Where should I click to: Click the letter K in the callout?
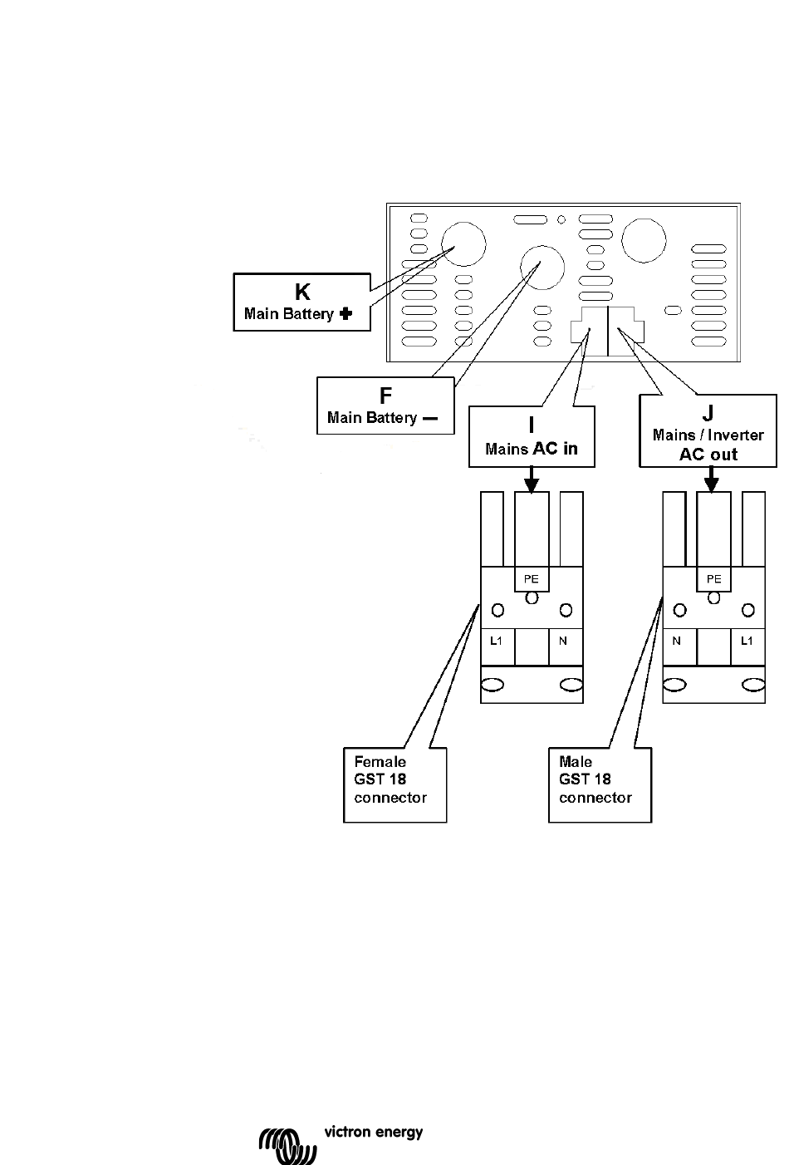302,292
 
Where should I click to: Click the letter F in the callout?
386,396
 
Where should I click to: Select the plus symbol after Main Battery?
346,314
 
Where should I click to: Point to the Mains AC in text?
532,450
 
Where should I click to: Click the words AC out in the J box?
708,455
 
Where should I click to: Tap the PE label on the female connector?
532,579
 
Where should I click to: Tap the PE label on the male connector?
713,579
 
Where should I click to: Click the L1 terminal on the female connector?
496,641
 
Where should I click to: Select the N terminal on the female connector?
563,641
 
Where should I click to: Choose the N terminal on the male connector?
677,641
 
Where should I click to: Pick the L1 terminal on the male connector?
747,641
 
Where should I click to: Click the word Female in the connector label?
380,761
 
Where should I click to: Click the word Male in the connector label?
576,761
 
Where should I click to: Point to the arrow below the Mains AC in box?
532,479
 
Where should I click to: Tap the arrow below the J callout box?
712,479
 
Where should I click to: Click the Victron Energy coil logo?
287,1144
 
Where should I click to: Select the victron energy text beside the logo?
373,1132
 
